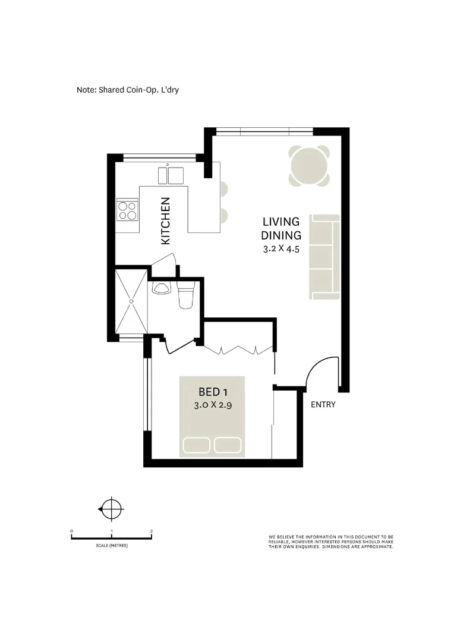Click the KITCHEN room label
pyautogui.click(x=166, y=221)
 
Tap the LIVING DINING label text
pyautogui.click(x=281, y=228)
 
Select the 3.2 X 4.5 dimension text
pyautogui.click(x=281, y=250)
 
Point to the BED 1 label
pyautogui.click(x=213, y=392)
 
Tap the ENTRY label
pyautogui.click(x=323, y=405)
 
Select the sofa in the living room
pyautogui.click(x=324, y=257)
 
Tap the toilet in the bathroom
pyautogui.click(x=185, y=297)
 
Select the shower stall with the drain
pyautogui.click(x=131, y=301)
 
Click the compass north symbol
pyautogui.click(x=111, y=509)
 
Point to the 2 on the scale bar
pyautogui.click(x=152, y=530)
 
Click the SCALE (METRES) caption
pyautogui.click(x=111, y=546)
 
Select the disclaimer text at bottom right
pyautogui.click(x=330, y=542)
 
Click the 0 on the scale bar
pyautogui.click(x=71, y=530)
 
